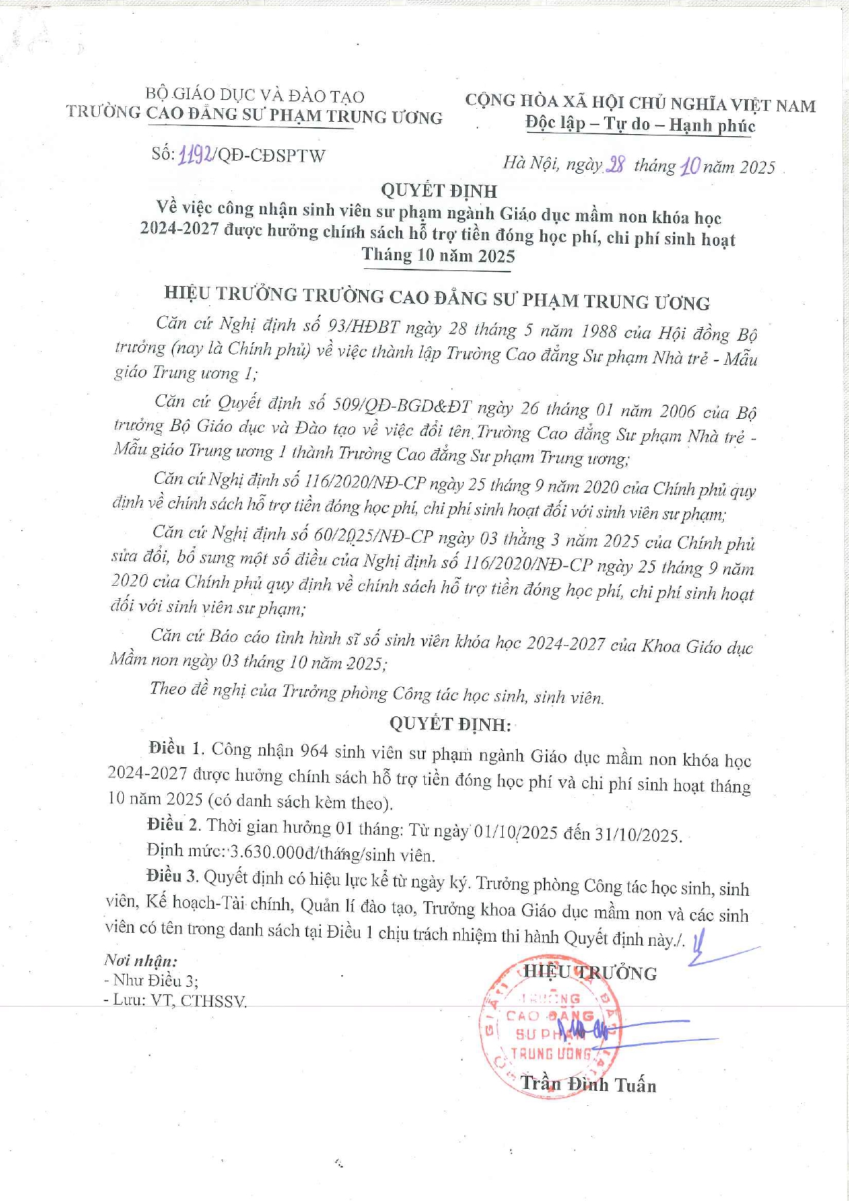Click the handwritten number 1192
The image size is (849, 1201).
[x=194, y=155]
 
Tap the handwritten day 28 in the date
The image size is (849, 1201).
[x=616, y=165]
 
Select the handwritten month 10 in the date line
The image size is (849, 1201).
[x=690, y=166]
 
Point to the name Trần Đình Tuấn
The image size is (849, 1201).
[x=588, y=1085]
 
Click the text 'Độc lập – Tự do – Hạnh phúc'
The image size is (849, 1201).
[x=640, y=125]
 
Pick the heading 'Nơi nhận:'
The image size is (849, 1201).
[x=141, y=960]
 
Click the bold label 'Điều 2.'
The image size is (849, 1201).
[x=174, y=825]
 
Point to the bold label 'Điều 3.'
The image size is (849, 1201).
[x=172, y=876]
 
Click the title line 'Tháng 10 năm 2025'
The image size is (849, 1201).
[x=438, y=255]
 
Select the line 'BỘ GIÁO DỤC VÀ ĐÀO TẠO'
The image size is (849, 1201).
[x=254, y=95]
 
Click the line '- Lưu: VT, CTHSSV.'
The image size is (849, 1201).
[x=175, y=1000]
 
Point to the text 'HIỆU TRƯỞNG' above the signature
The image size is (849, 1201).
[x=590, y=972]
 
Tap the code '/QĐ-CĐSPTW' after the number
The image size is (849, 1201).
[x=270, y=155]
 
